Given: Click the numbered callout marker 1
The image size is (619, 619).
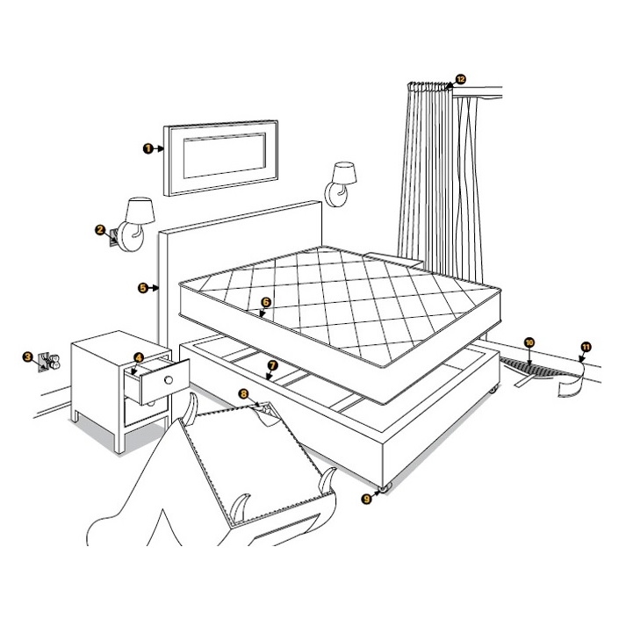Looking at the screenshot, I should tap(148, 148).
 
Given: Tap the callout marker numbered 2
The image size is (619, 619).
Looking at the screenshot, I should tap(100, 230).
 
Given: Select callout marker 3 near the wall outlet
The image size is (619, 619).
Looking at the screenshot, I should tap(29, 356).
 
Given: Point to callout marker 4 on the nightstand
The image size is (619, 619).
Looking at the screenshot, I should tap(139, 357).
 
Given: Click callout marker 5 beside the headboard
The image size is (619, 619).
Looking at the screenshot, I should tap(142, 286).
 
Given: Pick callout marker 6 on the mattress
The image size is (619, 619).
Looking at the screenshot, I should tap(265, 301).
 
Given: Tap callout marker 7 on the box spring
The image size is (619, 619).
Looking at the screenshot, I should tap(272, 363).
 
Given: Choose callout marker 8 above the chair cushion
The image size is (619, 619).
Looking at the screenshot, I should tap(244, 394).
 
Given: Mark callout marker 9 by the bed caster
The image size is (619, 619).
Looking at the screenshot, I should tap(366, 498).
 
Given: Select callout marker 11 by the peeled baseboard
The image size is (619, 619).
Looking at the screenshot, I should tap(586, 348).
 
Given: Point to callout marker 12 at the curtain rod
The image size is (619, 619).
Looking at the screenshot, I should tap(460, 79).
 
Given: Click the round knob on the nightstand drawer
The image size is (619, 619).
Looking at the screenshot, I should tap(168, 380).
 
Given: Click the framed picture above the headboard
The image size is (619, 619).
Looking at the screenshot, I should tap(223, 157).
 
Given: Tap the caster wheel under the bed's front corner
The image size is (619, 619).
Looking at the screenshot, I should tap(385, 487).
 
